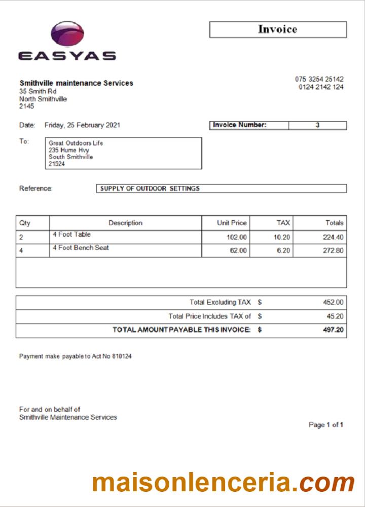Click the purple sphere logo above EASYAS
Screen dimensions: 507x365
coord(67,35)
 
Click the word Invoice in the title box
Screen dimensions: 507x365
coord(277,29)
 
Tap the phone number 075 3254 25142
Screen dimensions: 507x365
coord(319,79)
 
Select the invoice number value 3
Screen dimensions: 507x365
coord(317,125)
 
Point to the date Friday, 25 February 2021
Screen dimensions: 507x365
coord(83,125)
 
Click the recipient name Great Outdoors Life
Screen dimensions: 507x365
coord(76,143)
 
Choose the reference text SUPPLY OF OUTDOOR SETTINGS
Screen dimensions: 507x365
coord(150,189)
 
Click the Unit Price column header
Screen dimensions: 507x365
coord(232,223)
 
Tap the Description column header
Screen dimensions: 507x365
coord(125,223)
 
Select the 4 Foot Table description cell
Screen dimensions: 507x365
coord(71,235)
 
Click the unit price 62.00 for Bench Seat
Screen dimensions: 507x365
coord(238,250)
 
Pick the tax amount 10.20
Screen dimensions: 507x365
coord(282,237)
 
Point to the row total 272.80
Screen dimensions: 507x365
coord(333,250)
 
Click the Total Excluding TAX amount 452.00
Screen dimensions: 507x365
coord(333,302)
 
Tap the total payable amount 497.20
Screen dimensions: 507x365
coord(333,330)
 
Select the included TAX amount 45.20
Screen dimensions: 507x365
coord(335,316)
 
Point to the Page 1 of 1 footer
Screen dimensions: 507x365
coord(326,425)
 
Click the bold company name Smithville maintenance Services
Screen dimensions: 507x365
coord(76,83)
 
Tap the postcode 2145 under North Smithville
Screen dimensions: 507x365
coord(27,106)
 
